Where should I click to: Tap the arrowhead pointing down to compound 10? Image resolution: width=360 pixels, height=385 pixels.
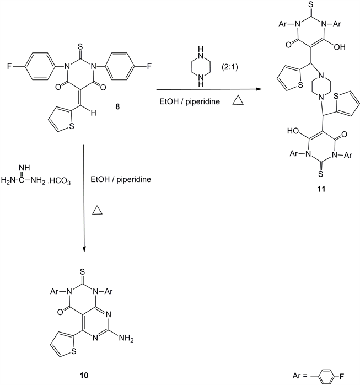click(84, 251)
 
